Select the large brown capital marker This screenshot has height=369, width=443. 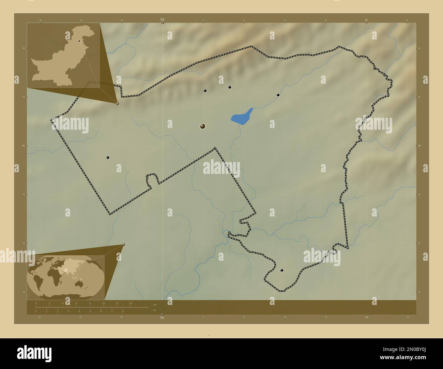tap(203, 126)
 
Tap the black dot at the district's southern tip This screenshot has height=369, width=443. tap(281, 270)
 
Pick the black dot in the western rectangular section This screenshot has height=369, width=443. tap(108, 157)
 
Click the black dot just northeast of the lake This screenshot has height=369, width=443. tap(278, 95)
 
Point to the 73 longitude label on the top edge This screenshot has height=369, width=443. tap(162, 20)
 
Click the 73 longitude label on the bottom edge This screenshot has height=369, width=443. tap(162, 317)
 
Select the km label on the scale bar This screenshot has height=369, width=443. tap(155, 304)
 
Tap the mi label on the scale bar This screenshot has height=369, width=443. tap(154, 310)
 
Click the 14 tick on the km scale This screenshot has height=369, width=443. tap(130, 303)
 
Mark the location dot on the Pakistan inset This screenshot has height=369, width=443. tap(79, 41)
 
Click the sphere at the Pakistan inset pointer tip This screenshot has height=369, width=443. tap(118, 103)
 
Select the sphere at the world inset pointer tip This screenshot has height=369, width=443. tap(123, 244)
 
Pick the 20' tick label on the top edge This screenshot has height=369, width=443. tap(367, 20)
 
